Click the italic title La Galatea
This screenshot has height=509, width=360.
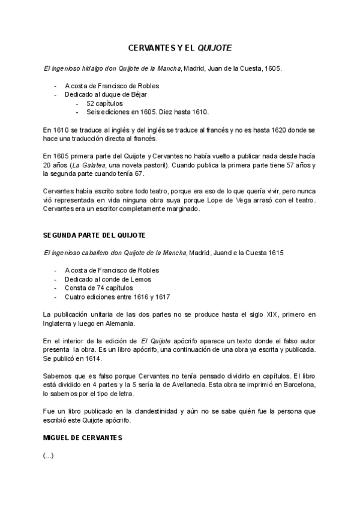pyautogui.click(x=90, y=164)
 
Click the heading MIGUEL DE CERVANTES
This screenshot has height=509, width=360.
pyautogui.click(x=83, y=438)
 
